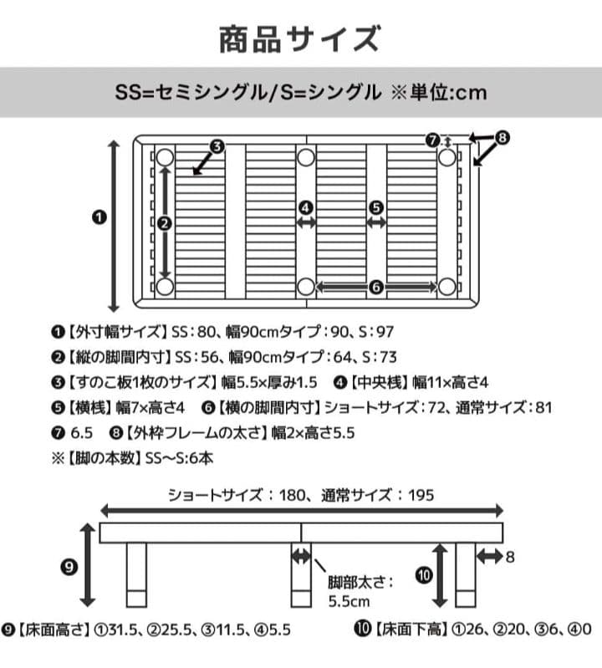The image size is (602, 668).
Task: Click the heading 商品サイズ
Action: (x=300, y=38)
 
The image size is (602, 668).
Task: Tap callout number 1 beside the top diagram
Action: (x=99, y=217)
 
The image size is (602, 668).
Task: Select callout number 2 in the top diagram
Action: (x=165, y=222)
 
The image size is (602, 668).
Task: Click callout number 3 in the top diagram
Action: (x=216, y=147)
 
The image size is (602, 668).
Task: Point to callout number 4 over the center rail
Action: (x=306, y=207)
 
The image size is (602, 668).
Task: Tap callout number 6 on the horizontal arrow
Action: (x=375, y=287)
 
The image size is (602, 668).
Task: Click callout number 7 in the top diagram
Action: (x=432, y=140)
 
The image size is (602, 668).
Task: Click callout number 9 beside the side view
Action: (x=69, y=567)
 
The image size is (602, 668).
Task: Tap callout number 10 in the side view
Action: (x=425, y=575)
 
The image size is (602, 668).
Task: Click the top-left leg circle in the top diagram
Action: (x=165, y=157)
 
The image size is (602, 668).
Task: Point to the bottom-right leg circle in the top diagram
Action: (x=446, y=287)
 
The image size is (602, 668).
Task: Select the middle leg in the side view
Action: (x=301, y=577)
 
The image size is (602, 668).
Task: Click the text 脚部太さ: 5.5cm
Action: (x=359, y=590)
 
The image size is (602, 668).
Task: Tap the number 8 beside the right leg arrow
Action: (x=509, y=556)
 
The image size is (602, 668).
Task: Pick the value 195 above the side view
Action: (x=421, y=495)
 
